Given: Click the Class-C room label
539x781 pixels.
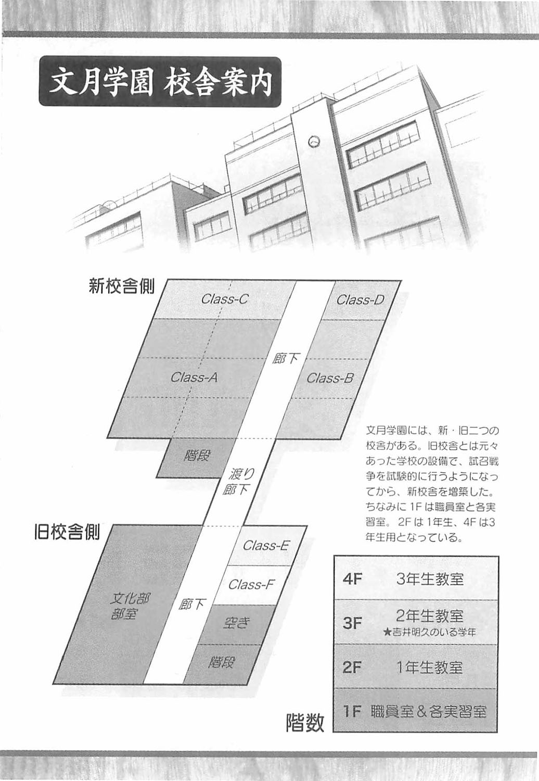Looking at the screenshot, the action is coord(225,299).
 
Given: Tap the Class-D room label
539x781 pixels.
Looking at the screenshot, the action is coord(360,299).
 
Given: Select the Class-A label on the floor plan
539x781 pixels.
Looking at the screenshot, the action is coord(194,377).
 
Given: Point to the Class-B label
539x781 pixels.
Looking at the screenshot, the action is coord(330,378).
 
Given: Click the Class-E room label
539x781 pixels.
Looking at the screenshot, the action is coord(266,545).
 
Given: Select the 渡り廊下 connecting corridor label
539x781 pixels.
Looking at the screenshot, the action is coord(238,481).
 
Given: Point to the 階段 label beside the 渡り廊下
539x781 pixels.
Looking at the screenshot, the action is coord(197,455).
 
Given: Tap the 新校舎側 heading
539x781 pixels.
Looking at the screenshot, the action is coord(121,286).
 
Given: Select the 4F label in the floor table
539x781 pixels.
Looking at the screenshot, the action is coord(352,579).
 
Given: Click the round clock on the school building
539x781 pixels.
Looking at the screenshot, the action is coord(314,141).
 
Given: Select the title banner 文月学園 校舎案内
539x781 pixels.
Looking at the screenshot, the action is coord(160,82).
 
